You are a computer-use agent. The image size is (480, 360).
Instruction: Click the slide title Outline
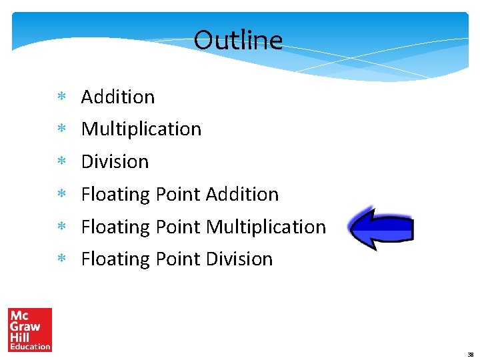[x=238, y=40]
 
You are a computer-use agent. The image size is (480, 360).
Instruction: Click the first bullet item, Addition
[x=118, y=97]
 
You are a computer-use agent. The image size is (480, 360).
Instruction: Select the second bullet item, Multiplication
[x=141, y=129]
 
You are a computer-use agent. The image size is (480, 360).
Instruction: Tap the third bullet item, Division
[x=115, y=161]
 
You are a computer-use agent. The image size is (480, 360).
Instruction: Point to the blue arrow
[x=381, y=228]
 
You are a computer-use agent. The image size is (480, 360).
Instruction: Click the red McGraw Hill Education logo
[x=29, y=329]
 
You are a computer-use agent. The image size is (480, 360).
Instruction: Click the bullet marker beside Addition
[x=61, y=97]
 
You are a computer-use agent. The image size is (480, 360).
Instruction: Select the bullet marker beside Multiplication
[x=61, y=129]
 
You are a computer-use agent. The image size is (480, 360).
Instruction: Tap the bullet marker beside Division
[x=61, y=162]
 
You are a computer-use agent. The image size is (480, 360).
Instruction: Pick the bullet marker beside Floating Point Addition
[x=61, y=195]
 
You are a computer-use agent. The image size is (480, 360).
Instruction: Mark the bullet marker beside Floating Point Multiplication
[x=61, y=227]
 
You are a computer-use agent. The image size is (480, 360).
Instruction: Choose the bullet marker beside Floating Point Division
[x=61, y=259]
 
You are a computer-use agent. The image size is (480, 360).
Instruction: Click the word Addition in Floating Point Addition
[x=242, y=194]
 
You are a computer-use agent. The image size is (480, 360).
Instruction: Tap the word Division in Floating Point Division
[x=239, y=259]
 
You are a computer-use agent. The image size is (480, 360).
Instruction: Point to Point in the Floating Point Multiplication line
[x=178, y=227]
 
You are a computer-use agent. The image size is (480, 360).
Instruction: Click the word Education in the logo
[x=30, y=346]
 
